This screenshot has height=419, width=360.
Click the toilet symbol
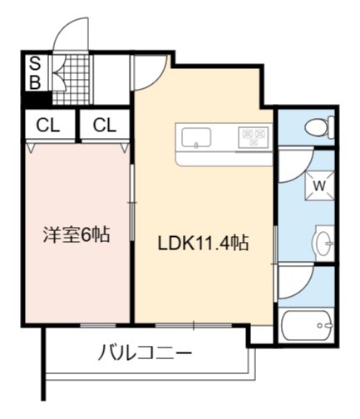(x=319, y=128)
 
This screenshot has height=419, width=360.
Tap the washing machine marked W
(x=319, y=185)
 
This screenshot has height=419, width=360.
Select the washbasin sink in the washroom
(x=324, y=243)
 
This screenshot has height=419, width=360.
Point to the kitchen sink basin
(x=196, y=138)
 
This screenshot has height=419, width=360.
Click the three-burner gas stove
(x=254, y=137)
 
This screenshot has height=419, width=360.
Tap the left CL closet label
(x=48, y=126)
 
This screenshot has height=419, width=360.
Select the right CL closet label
(x=105, y=126)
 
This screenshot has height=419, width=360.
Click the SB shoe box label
(x=35, y=72)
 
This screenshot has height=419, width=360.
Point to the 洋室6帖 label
(x=76, y=234)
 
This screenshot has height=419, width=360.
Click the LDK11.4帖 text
(x=203, y=243)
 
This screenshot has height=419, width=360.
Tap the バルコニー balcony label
(x=145, y=352)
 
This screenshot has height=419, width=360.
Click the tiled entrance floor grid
(x=72, y=80)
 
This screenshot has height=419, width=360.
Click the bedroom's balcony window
(x=98, y=325)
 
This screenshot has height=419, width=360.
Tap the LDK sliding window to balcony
(x=194, y=325)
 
